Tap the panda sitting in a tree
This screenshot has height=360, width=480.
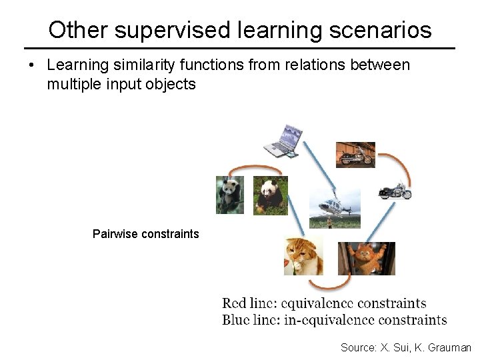229,195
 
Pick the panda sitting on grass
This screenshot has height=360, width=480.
271,195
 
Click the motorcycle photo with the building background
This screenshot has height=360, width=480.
355,155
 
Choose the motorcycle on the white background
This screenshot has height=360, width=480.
394,191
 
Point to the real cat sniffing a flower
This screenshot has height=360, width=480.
303,256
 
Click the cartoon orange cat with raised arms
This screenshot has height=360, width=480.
366,258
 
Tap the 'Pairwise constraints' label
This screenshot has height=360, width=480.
145,234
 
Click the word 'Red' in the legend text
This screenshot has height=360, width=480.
235,304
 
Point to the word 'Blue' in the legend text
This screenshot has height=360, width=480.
237,319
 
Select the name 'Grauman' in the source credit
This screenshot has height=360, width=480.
449,347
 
